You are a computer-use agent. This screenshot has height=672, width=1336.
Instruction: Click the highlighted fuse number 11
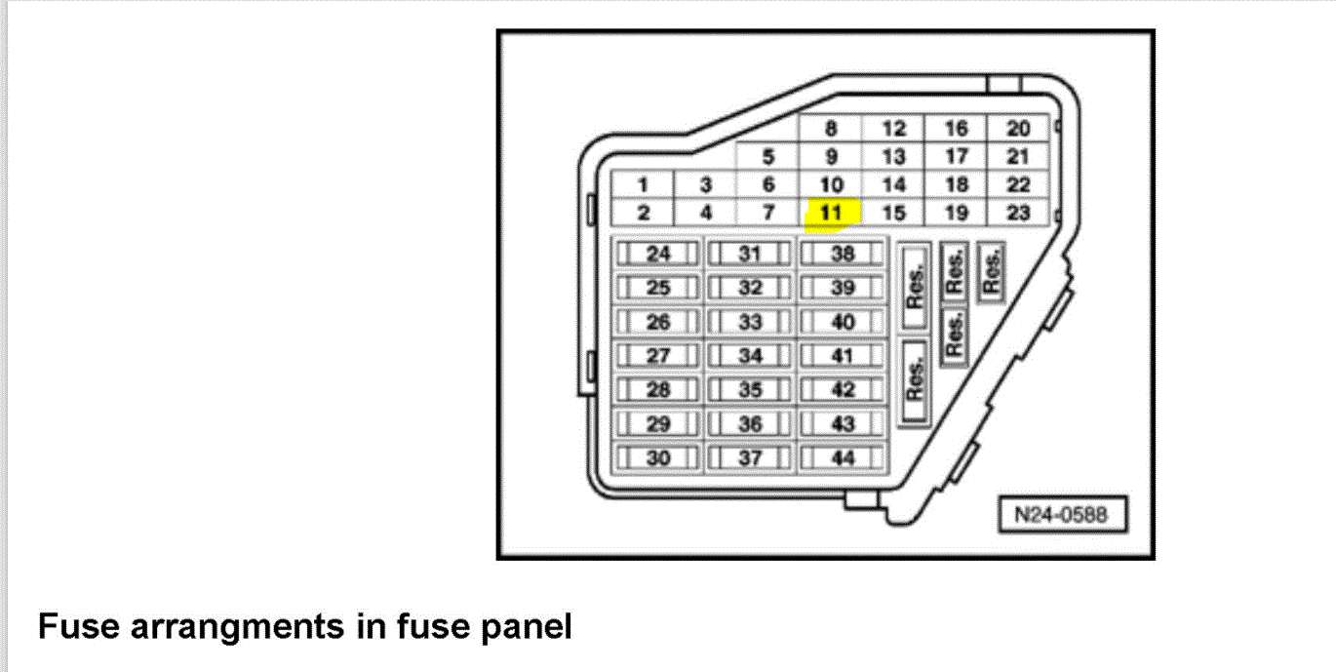(831, 213)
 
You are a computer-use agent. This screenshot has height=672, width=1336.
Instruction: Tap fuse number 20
(1018, 129)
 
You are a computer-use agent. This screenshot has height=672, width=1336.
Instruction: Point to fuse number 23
(1018, 213)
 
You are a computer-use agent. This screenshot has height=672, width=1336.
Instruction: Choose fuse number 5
(768, 156)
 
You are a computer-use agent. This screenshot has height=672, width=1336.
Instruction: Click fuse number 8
(831, 129)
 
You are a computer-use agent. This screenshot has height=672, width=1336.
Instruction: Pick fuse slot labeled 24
(659, 255)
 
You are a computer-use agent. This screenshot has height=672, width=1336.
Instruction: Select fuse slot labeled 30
(659, 457)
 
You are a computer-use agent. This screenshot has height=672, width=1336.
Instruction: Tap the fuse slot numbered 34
(750, 356)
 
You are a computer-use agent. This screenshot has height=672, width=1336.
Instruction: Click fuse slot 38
(843, 255)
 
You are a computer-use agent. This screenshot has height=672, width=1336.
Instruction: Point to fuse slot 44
(843, 457)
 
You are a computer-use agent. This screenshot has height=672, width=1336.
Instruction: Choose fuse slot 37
(750, 457)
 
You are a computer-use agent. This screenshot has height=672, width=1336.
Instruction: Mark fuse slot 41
(843, 356)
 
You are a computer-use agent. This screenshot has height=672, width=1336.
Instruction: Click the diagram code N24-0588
(1062, 515)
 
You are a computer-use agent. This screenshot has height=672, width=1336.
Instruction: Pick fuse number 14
(893, 184)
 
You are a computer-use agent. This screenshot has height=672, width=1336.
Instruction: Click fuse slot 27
(659, 356)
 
